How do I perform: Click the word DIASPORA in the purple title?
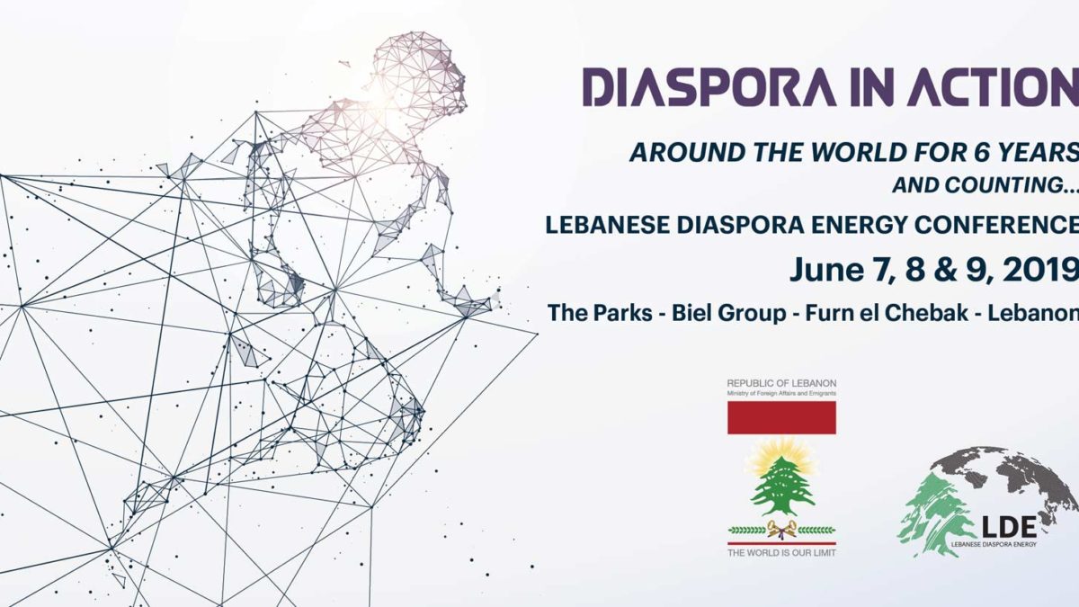tap(709, 87)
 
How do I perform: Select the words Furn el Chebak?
tap(887, 313)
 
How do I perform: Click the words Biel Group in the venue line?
tap(729, 313)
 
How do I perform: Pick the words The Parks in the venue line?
tap(600, 313)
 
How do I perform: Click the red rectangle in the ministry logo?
tap(781, 417)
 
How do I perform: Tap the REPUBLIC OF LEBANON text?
tap(781, 383)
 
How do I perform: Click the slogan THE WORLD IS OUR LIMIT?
tap(781, 552)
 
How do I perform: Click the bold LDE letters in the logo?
tap(1009, 527)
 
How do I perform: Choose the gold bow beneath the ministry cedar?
tap(781, 530)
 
